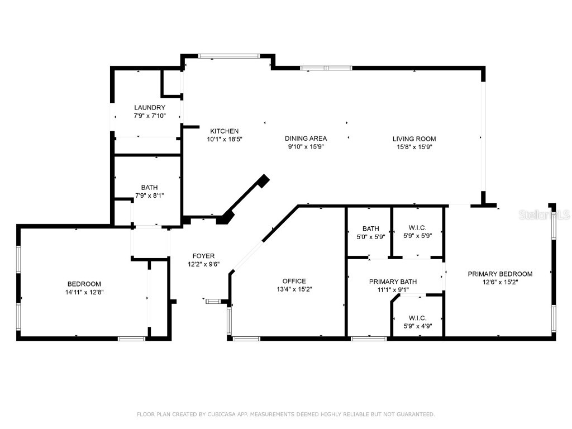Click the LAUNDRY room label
[x=149, y=107]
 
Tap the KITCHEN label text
[x=224, y=131]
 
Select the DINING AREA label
[x=306, y=139]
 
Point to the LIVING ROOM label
[x=414, y=139]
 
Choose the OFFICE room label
[x=294, y=281]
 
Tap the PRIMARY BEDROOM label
[x=500, y=274]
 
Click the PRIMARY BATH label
[x=393, y=282]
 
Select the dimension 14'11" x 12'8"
[x=84, y=292]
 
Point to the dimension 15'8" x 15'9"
[x=414, y=147]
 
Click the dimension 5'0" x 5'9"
[x=370, y=236]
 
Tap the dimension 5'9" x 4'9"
[x=417, y=326]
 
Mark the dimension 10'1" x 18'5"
[x=224, y=139]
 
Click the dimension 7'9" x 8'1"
[x=149, y=196]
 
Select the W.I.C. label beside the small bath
[x=417, y=228]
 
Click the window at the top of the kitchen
[x=228, y=56]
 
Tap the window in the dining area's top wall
[x=326, y=68]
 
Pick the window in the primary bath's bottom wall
[x=369, y=338]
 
